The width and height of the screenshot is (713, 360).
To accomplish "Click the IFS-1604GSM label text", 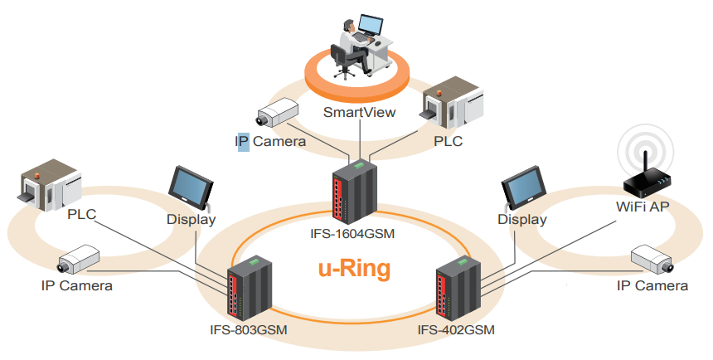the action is [352, 234].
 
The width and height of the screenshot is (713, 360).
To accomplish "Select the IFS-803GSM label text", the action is [248, 329].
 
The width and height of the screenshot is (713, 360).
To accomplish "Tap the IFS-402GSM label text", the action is [456, 329].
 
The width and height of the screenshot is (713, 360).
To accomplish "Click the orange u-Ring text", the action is [354, 268].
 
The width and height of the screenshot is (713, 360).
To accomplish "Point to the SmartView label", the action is [359, 112].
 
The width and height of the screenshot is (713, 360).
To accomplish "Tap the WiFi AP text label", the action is [643, 207].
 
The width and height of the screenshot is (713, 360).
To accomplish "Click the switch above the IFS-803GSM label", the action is [250, 287].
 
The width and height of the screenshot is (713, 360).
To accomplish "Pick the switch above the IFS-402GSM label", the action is [458, 287].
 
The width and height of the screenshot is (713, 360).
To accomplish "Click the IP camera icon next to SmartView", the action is [277, 113].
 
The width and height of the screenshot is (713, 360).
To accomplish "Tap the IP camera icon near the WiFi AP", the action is [652, 260].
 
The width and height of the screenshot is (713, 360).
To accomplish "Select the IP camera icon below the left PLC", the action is [78, 259].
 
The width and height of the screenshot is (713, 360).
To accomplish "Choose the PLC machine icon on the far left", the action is [51, 186].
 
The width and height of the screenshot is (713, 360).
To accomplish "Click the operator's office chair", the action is [342, 61].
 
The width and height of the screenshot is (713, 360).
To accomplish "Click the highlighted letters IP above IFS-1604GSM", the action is [244, 141].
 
